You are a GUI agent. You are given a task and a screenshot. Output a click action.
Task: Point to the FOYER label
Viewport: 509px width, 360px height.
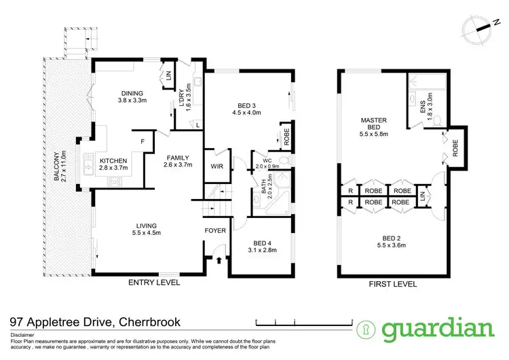[x=215, y=231]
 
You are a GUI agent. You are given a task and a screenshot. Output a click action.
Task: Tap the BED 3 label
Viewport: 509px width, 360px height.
[x=247, y=105]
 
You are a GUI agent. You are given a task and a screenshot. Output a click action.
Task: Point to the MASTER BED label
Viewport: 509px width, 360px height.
[x=373, y=124]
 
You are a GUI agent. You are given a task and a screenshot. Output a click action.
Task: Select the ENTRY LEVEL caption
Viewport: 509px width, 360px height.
[x=153, y=283]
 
